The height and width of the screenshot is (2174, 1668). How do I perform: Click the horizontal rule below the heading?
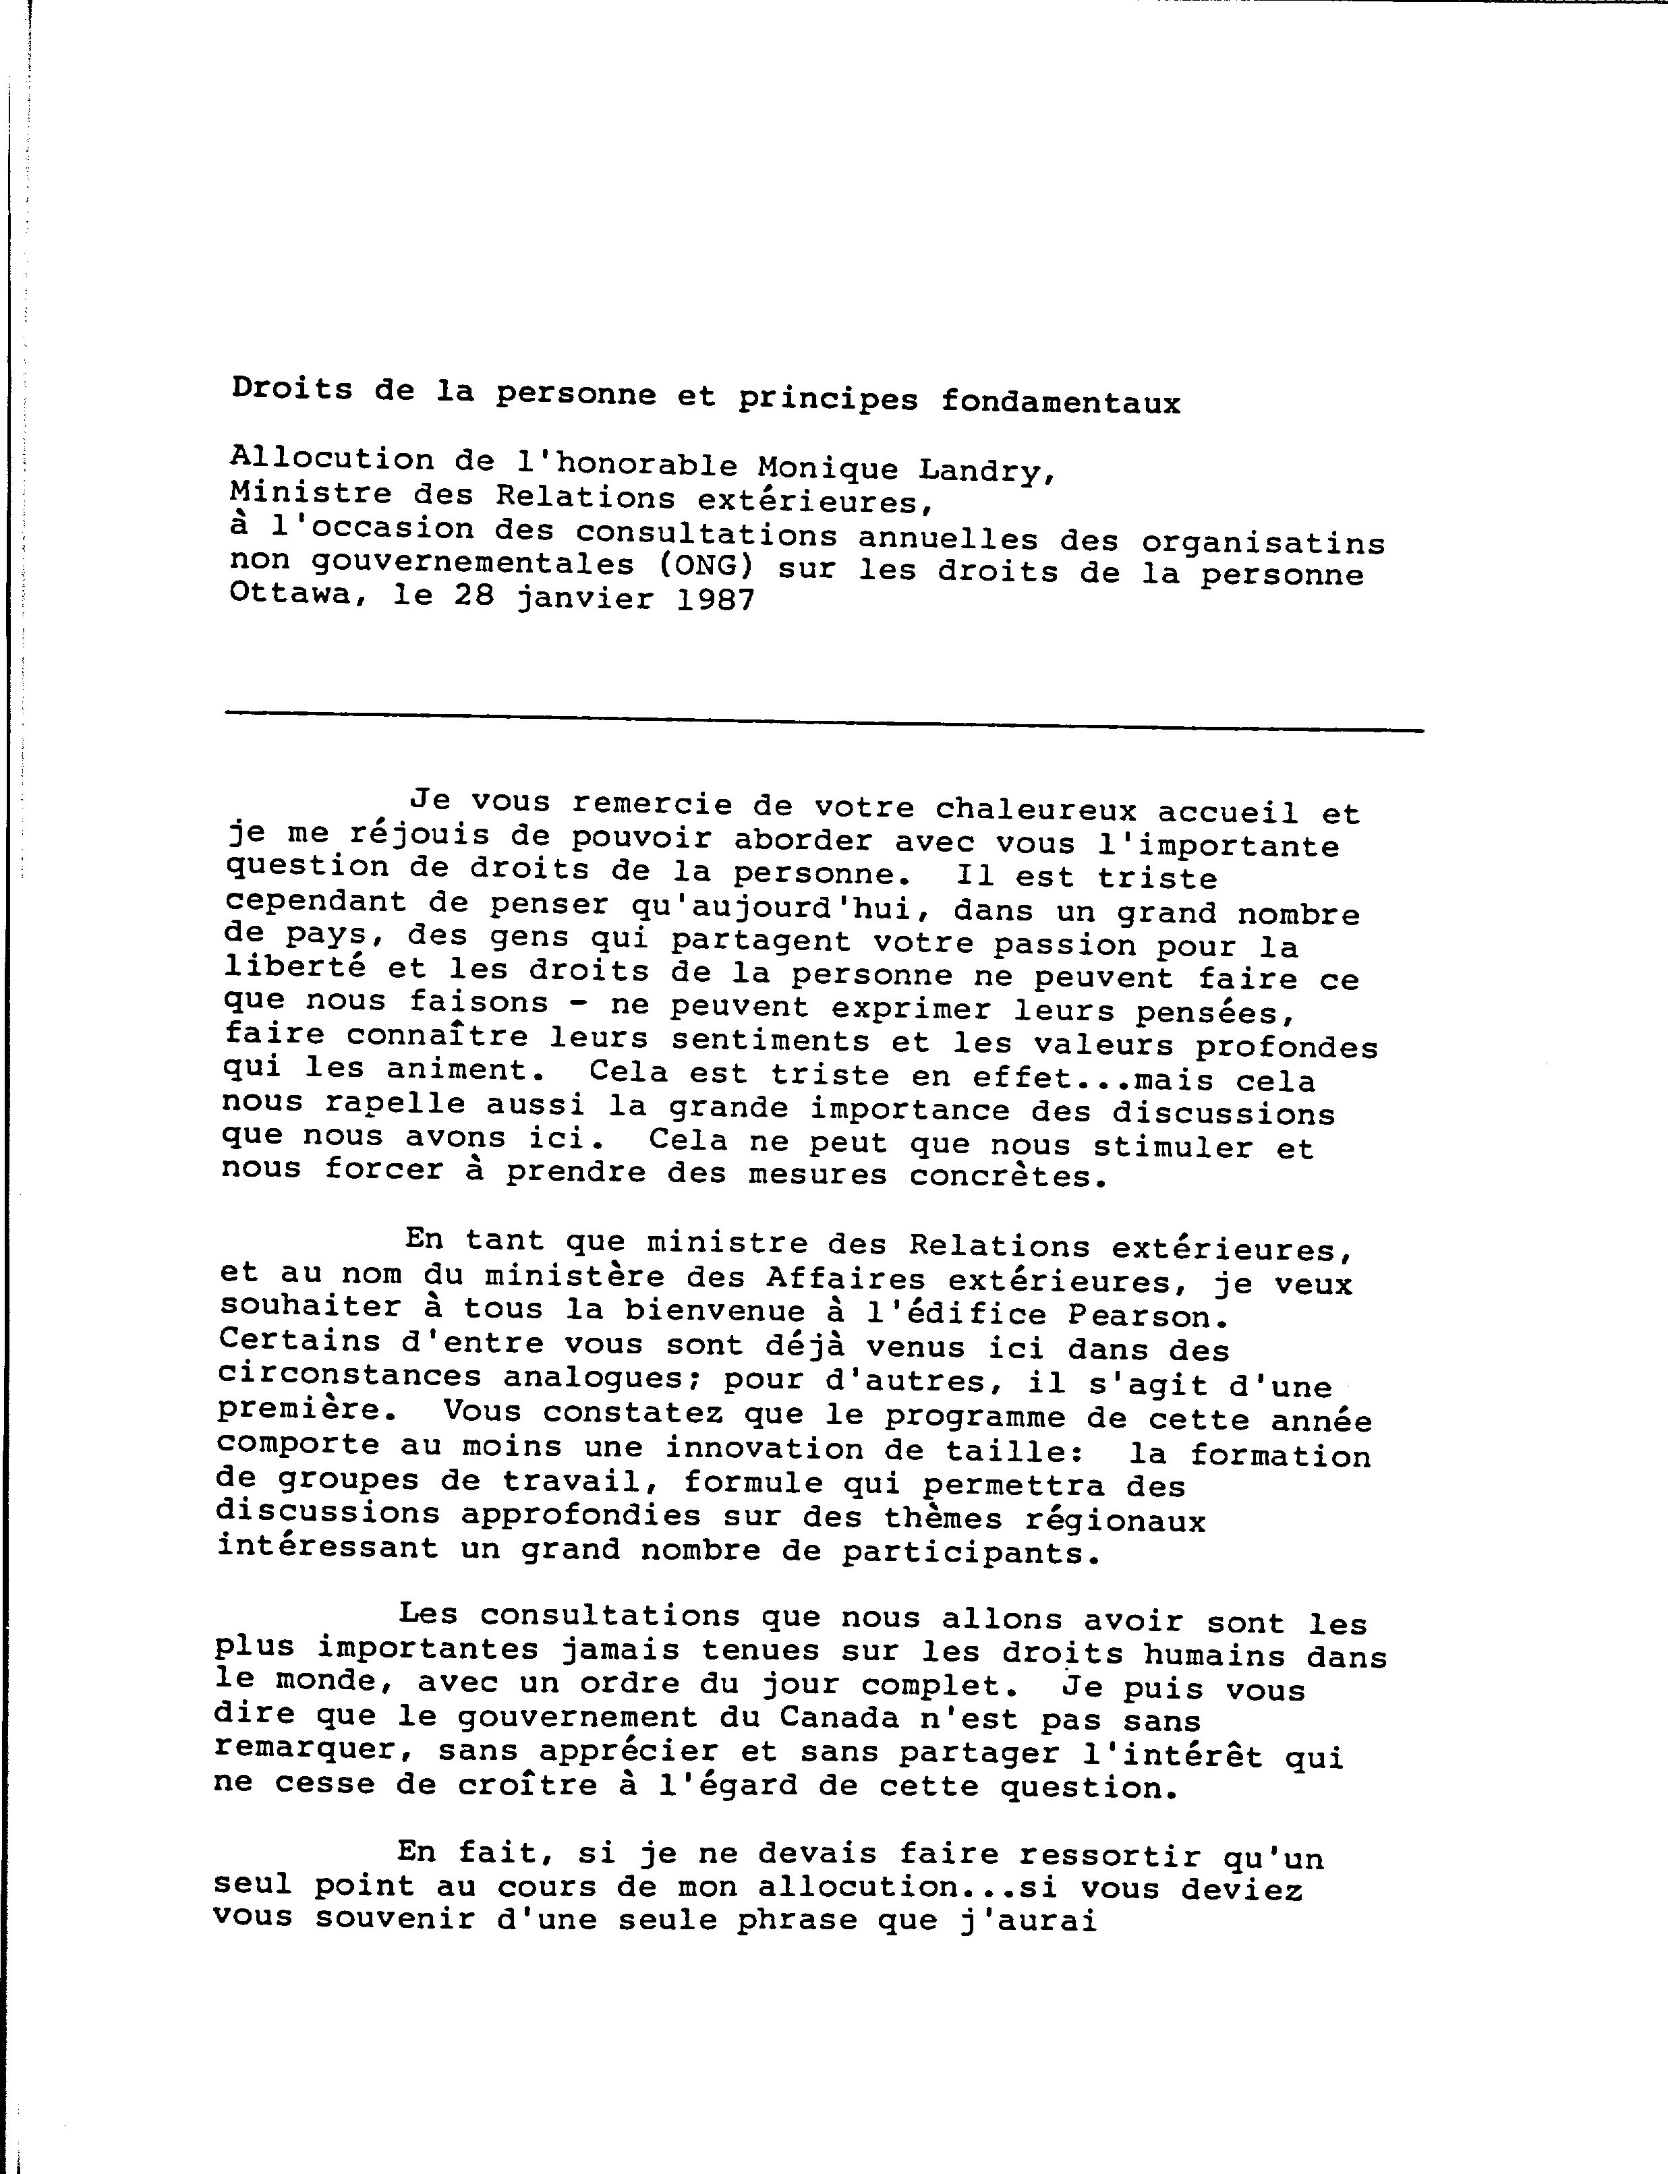pyautogui.click(x=824, y=722)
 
